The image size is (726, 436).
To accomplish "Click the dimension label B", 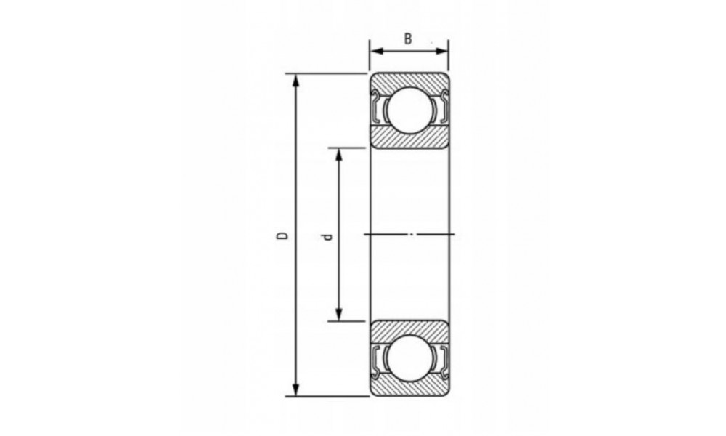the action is tap(408, 39).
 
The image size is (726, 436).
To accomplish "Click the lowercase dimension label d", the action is tap(327, 237).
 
